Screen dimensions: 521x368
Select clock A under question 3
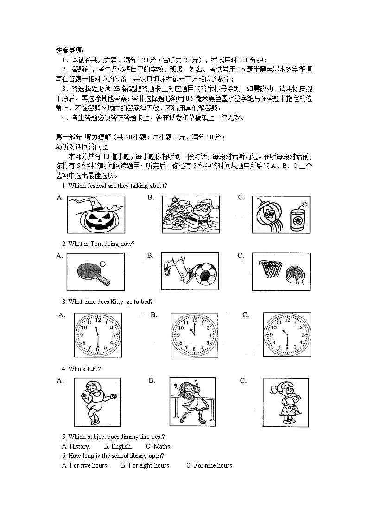tap(97, 334)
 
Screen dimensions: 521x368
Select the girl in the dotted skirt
tap(286, 401)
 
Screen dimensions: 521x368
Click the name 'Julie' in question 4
tap(93, 369)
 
